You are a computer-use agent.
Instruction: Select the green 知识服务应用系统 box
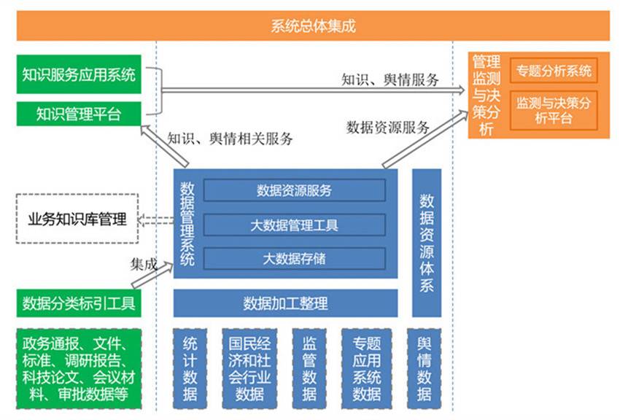pyautogui.click(x=79, y=74)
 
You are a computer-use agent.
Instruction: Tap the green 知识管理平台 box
pyautogui.click(x=79, y=114)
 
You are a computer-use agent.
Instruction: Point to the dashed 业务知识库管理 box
pyautogui.click(x=77, y=219)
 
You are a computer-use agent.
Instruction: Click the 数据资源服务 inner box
pyautogui.click(x=294, y=190)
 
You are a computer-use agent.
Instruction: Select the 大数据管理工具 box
pyautogui.click(x=294, y=225)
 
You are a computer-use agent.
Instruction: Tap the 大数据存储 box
pyautogui.click(x=294, y=258)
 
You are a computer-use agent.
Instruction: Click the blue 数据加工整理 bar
pyautogui.click(x=285, y=303)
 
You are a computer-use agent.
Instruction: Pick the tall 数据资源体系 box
pyautogui.click(x=427, y=243)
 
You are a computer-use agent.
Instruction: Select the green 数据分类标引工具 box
pyautogui.click(x=79, y=303)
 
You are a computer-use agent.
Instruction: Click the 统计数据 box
pyautogui.click(x=190, y=368)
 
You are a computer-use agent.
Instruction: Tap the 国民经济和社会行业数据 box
pyautogui.click(x=249, y=368)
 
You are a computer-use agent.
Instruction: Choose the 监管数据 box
pyautogui.click(x=309, y=368)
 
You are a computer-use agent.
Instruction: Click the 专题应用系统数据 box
pyautogui.click(x=367, y=368)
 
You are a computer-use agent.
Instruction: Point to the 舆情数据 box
pyautogui.click(x=425, y=368)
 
